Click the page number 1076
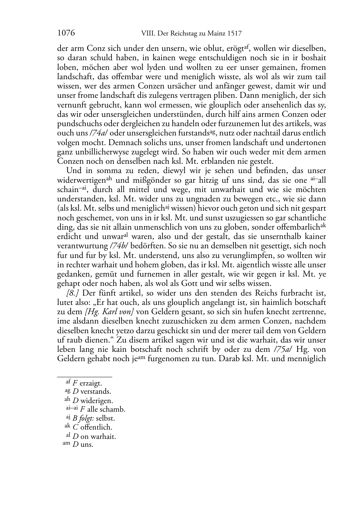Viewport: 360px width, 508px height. [x=66, y=33]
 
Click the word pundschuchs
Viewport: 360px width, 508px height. [x=74, y=124]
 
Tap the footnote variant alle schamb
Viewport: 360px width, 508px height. [x=106, y=409]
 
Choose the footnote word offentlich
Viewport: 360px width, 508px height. [x=96, y=427]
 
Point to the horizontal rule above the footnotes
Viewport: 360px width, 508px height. [x=85, y=377]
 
